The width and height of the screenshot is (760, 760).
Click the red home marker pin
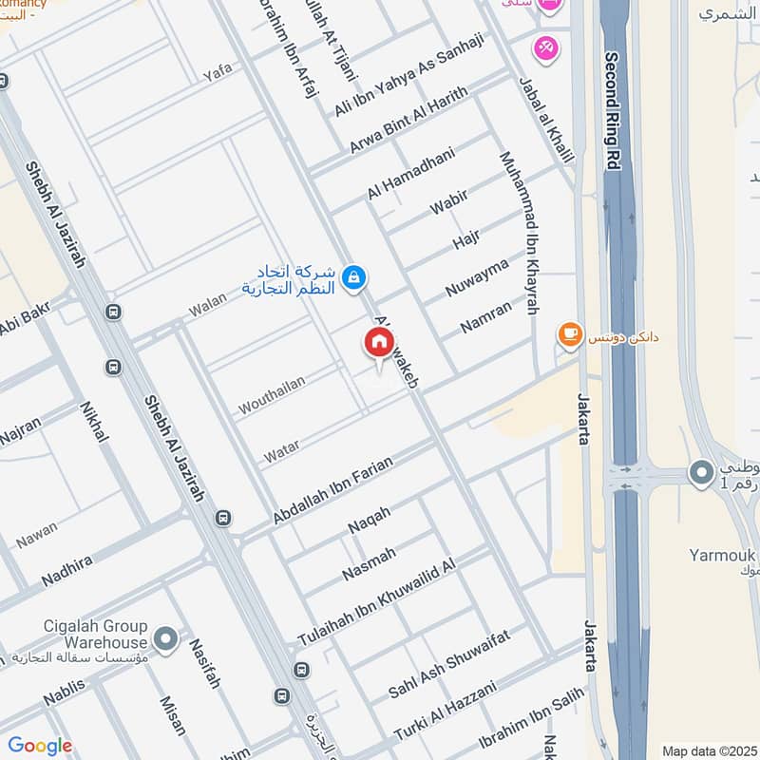click(x=377, y=343)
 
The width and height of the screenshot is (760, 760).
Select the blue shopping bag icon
click(x=353, y=277)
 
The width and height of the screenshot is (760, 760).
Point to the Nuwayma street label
click(x=477, y=278)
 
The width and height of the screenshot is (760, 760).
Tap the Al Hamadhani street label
click(x=411, y=173)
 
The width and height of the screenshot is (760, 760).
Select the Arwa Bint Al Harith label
click(x=408, y=121)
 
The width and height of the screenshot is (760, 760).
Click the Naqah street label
click(x=370, y=521)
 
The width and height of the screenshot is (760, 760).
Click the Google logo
click(x=40, y=746)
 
